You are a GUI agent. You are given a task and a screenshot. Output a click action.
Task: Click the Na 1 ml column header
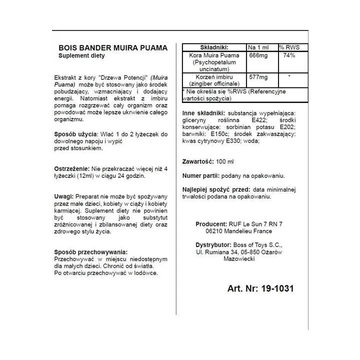click(259, 46)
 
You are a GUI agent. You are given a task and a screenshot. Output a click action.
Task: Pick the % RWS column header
click(289, 46)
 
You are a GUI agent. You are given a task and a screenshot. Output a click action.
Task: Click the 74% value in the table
click(288, 55)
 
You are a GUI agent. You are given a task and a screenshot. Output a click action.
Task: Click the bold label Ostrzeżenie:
click(71, 168)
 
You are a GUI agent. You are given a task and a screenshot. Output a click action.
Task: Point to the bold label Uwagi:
click(63, 196)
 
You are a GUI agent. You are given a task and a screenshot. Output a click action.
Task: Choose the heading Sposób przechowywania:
click(90, 252)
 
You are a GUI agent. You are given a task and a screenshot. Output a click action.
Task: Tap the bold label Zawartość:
click(197, 161)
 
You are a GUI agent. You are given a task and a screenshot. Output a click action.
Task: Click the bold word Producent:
click(212, 224)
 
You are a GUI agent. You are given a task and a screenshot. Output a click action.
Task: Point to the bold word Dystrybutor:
click(214, 245)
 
